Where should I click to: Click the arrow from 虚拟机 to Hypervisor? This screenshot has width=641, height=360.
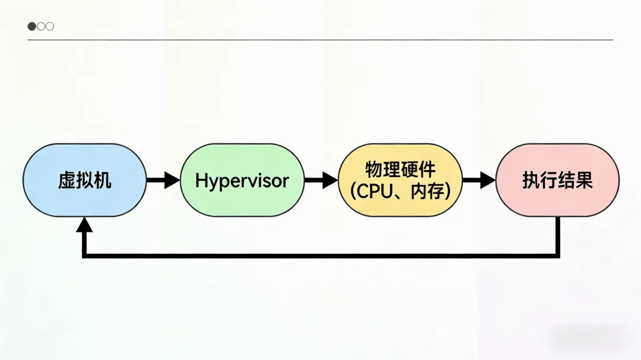point(162,180)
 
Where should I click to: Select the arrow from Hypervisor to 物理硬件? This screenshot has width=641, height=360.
point(320,180)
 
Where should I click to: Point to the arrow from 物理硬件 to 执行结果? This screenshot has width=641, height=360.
point(478,180)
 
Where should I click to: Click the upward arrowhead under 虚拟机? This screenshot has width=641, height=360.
point(84,225)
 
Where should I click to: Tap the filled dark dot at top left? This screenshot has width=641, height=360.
point(31,26)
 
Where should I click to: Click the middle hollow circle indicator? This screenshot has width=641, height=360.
point(41,26)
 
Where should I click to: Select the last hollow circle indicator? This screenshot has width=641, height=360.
point(50,26)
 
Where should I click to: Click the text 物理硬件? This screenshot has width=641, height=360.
point(400,170)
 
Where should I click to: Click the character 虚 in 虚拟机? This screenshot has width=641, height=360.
point(65,180)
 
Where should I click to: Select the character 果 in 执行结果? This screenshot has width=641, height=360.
point(585,180)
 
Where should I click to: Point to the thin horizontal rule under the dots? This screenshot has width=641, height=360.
point(320,40)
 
